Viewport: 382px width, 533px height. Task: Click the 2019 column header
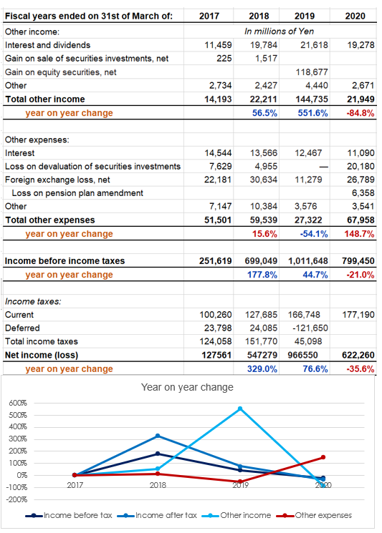click(305, 16)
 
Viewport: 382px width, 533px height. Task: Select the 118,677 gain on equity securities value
click(312, 72)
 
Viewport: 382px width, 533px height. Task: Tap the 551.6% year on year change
click(312, 113)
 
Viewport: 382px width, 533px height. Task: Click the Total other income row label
click(45, 99)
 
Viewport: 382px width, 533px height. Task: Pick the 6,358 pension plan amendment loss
click(363, 192)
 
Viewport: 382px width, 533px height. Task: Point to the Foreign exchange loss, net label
click(57, 180)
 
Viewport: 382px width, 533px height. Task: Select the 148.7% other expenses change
click(359, 234)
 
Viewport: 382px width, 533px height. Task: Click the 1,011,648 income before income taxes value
click(308, 261)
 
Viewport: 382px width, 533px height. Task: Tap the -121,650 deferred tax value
click(310, 328)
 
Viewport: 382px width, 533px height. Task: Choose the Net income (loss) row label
click(42, 356)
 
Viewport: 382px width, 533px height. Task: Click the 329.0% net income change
click(262, 369)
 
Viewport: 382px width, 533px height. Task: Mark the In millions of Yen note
click(280, 31)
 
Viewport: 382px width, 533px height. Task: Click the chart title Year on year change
click(187, 387)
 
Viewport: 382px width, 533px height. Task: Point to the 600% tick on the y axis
click(18, 404)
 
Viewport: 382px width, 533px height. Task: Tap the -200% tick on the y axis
click(17, 499)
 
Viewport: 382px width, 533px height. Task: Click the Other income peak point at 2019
click(240, 409)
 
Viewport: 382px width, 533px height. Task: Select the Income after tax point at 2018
click(158, 436)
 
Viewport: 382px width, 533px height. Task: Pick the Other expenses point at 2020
click(323, 457)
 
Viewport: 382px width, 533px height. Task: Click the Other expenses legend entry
click(314, 516)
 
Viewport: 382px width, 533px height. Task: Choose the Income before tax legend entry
click(69, 516)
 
